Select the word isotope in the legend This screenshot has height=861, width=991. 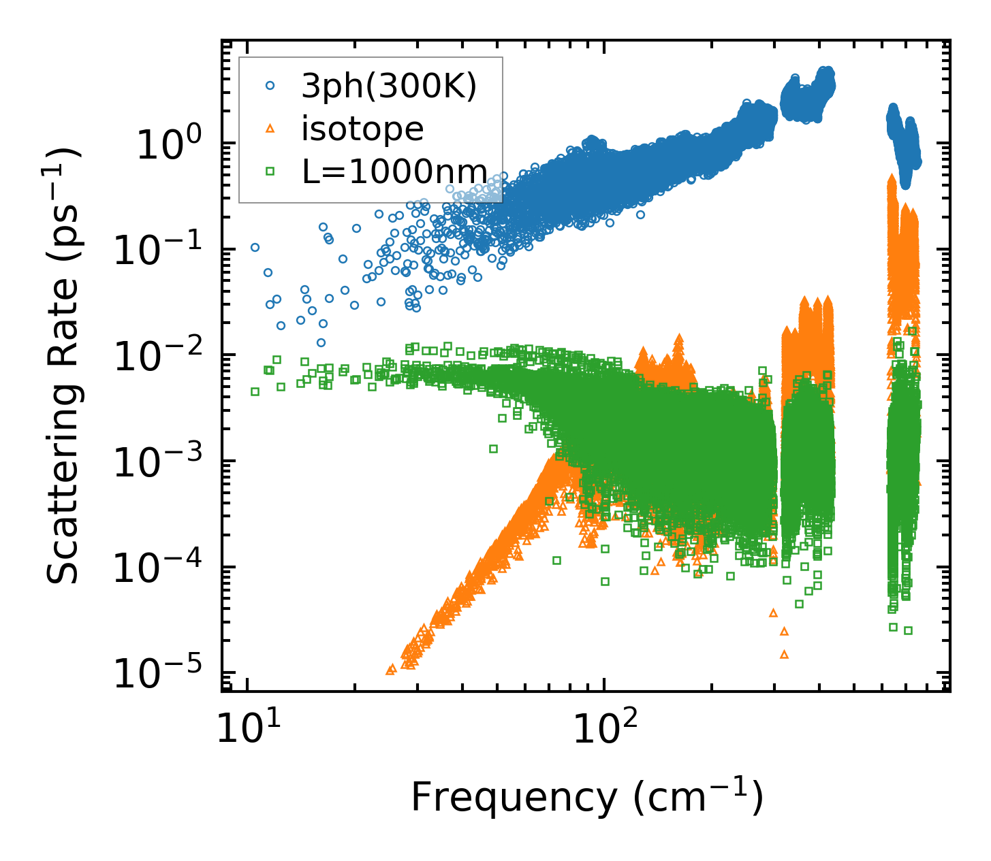coord(362,129)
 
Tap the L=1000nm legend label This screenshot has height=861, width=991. coord(394,172)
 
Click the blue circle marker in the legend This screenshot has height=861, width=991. coord(270,86)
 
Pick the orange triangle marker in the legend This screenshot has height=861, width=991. coord(270,129)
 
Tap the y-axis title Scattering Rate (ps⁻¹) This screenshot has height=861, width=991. coord(65,366)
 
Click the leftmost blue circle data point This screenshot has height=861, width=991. coord(255,247)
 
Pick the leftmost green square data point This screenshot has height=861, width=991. coord(255,391)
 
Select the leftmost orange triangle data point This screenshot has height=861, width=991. coord(390,670)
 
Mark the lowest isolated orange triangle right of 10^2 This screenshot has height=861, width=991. coord(784,654)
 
